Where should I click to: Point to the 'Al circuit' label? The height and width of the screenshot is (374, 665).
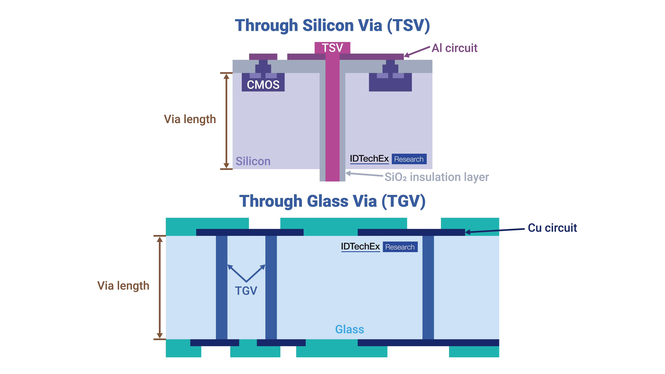click(454, 48)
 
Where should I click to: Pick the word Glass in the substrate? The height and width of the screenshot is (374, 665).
click(350, 329)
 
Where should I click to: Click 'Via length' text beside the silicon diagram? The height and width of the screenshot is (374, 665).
click(190, 119)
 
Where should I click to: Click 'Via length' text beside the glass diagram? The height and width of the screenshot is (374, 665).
click(123, 286)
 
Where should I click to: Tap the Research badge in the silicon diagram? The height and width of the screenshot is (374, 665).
click(409, 159)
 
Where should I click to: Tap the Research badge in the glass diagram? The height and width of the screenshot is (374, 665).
click(400, 247)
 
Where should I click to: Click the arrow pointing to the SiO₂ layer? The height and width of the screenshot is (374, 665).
click(364, 174)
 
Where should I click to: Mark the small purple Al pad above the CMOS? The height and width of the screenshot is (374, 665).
click(263, 57)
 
